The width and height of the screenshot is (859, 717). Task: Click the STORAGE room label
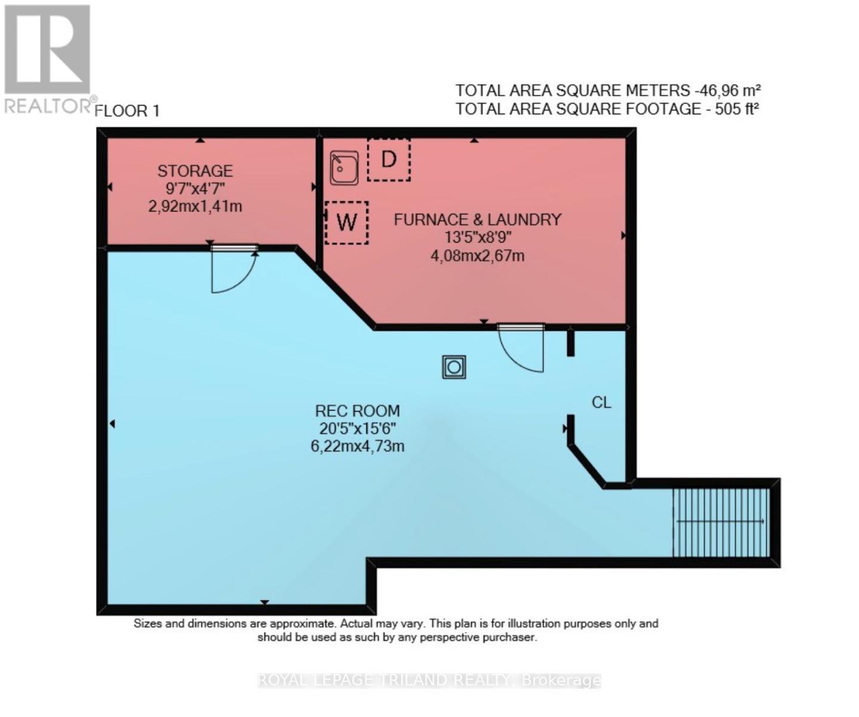(x=195, y=171)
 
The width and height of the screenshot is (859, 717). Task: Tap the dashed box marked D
(x=389, y=160)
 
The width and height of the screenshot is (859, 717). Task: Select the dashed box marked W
(x=346, y=222)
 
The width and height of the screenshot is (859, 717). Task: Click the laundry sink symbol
(x=345, y=167)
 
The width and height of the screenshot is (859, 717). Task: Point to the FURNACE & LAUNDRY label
(x=477, y=220)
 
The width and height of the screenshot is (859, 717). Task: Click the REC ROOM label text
(x=357, y=411)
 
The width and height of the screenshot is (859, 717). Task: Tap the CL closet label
(x=601, y=403)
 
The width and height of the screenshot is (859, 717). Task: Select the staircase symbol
(x=721, y=522)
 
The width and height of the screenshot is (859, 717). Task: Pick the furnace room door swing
(x=521, y=349)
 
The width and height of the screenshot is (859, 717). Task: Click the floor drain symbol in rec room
(x=454, y=367)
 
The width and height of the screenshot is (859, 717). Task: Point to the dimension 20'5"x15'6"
(x=357, y=428)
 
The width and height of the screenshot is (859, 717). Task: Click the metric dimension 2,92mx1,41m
(x=195, y=207)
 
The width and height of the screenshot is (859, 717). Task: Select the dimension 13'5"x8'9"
(x=477, y=238)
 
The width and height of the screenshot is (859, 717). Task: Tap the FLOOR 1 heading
(x=127, y=111)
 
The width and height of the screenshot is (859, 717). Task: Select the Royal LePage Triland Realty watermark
(x=429, y=681)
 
